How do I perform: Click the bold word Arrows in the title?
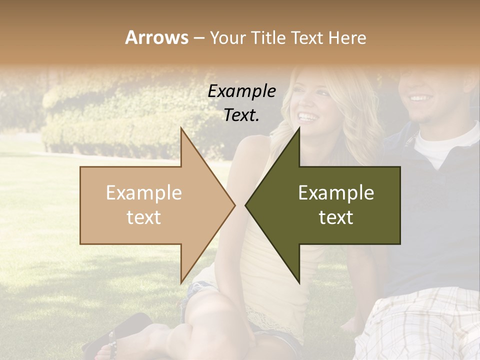click(x=156, y=37)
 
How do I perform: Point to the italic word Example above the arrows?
click(x=241, y=91)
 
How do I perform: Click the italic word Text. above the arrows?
click(x=241, y=115)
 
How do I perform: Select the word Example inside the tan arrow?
click(x=144, y=193)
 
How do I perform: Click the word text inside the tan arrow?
click(x=144, y=217)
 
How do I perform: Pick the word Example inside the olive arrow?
click(x=336, y=193)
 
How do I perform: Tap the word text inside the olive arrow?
click(x=336, y=217)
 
